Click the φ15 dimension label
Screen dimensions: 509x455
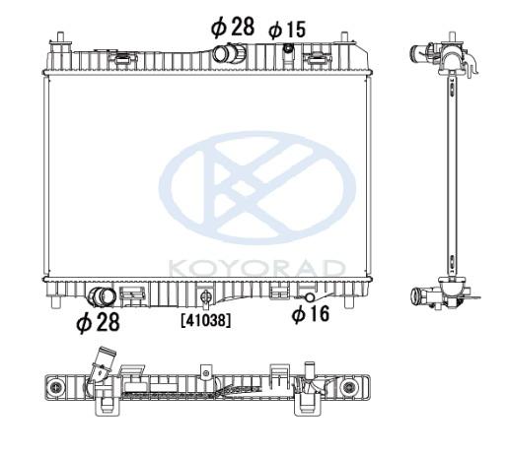coord(287,30)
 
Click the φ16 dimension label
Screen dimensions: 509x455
coord(311,313)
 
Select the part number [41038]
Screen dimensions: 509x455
coord(206,320)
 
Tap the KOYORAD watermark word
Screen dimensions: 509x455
coord(256,268)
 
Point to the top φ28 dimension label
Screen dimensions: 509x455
coord(233,27)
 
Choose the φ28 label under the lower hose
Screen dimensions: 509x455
coord(98,322)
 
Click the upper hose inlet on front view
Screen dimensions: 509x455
coord(229,54)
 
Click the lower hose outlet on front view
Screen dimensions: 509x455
coord(102,297)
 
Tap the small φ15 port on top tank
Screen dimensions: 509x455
coord(288,48)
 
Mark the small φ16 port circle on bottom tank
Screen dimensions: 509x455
coord(310,297)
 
